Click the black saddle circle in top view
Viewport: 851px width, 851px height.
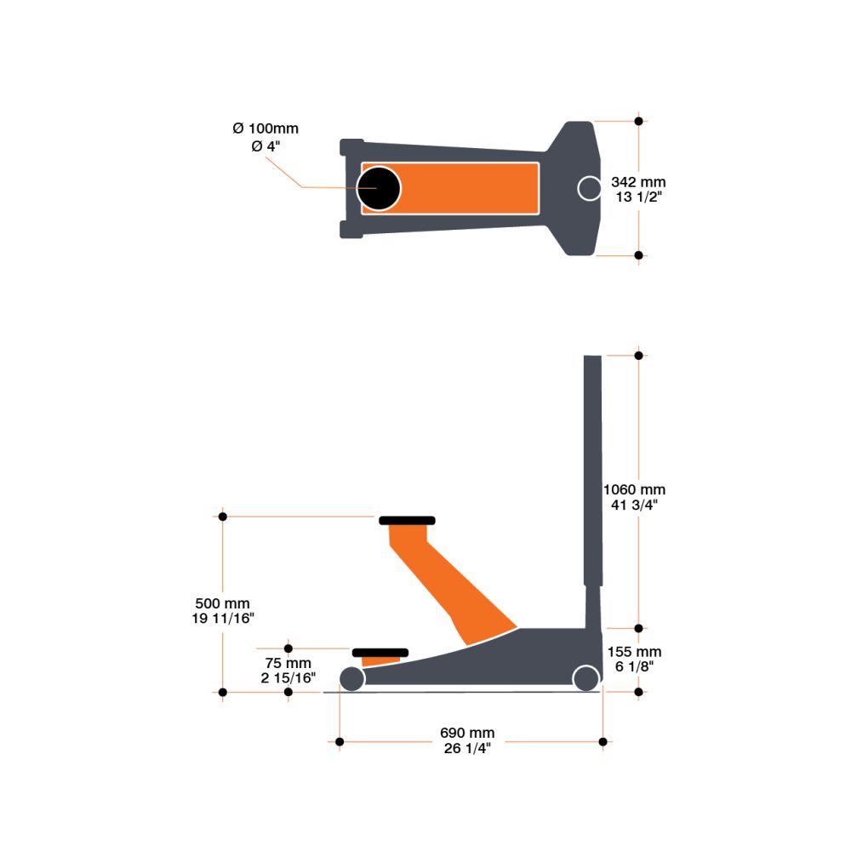(x=379, y=188)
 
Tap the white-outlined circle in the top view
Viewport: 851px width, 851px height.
(x=590, y=188)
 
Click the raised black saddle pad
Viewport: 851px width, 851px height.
(x=407, y=520)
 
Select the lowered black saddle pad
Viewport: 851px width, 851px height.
(x=380, y=653)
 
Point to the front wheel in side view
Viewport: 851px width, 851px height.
(x=351, y=678)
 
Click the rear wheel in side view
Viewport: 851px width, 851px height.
(x=585, y=678)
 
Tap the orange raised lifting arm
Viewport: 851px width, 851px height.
(x=451, y=587)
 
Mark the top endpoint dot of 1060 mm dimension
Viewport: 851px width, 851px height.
(x=639, y=354)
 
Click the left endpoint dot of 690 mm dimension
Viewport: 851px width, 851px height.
(x=340, y=742)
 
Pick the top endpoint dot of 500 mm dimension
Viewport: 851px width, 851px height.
(x=223, y=516)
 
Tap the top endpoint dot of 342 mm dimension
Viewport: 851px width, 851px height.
(x=639, y=121)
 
